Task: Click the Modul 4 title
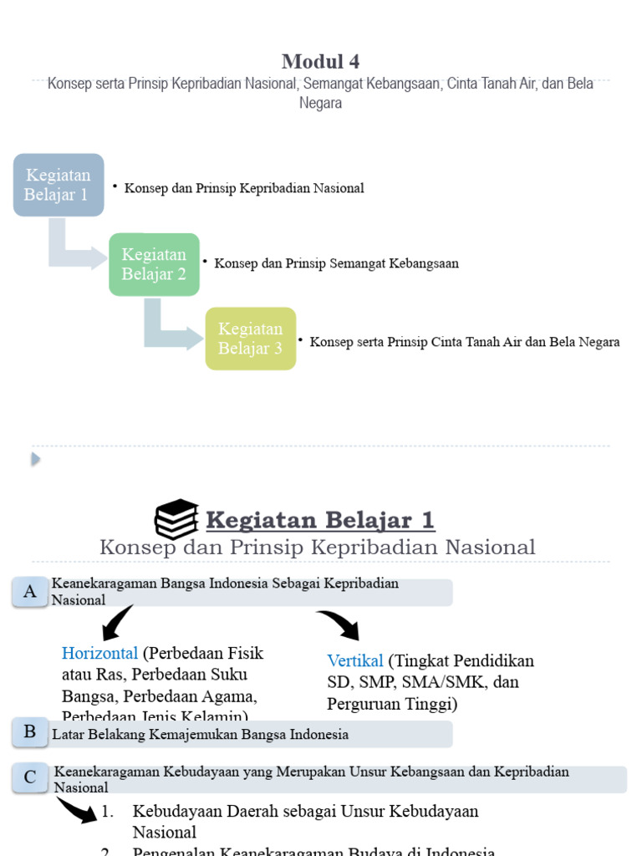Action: pyautogui.click(x=321, y=61)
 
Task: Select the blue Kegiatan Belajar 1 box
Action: pyautogui.click(x=58, y=185)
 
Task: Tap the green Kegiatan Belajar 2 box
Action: pyautogui.click(x=154, y=264)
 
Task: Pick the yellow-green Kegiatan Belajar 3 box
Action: pyautogui.click(x=251, y=339)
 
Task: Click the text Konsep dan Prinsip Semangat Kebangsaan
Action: pyautogui.click(x=336, y=263)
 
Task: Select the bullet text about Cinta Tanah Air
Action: pyautogui.click(x=464, y=342)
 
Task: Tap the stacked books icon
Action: pyautogui.click(x=176, y=520)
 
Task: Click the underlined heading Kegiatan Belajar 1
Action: pyautogui.click(x=320, y=520)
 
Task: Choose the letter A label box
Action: pyautogui.click(x=30, y=592)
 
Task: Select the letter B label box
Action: pyautogui.click(x=30, y=733)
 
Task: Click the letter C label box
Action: pyautogui.click(x=30, y=777)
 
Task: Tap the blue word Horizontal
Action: pyautogui.click(x=99, y=653)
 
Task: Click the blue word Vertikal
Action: pyautogui.click(x=355, y=660)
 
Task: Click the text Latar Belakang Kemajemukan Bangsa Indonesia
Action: pyautogui.click(x=201, y=735)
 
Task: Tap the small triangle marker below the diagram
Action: pyautogui.click(x=36, y=459)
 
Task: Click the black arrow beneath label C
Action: pyautogui.click(x=77, y=810)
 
